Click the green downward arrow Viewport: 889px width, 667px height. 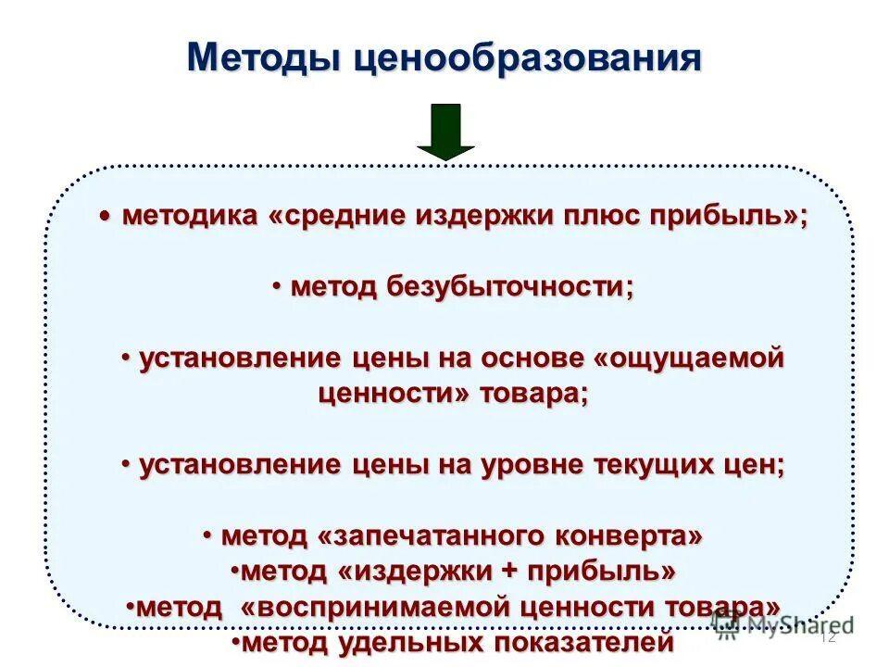[445, 132]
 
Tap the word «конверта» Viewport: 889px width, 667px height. [620, 535]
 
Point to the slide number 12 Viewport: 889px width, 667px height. [828, 637]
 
